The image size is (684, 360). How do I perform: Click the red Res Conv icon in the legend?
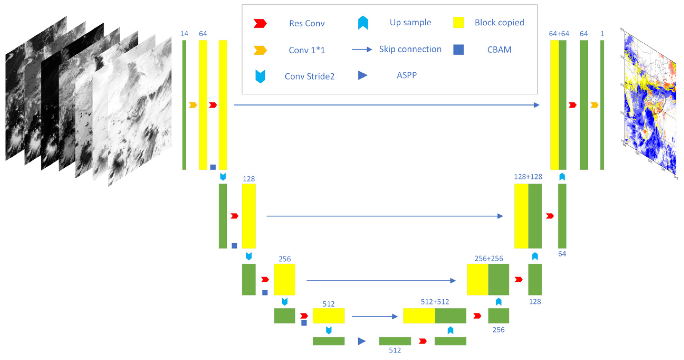[x=260, y=23]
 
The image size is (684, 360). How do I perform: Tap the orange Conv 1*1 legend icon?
[x=260, y=50]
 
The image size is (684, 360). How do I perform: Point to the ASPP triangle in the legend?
[x=362, y=75]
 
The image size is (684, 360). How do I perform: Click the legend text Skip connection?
[x=410, y=49]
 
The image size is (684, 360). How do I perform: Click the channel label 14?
[x=184, y=34]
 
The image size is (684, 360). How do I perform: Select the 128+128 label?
[x=528, y=177]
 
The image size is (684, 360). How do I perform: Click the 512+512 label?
[x=435, y=302]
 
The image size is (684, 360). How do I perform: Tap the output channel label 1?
[x=602, y=34]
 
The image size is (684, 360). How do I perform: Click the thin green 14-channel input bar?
[x=184, y=105]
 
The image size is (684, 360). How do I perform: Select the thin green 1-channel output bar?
[x=602, y=105]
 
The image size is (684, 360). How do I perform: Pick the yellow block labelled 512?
[x=329, y=316]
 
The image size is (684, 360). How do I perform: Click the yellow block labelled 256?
[x=285, y=279]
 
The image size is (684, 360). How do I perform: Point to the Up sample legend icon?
[x=363, y=23]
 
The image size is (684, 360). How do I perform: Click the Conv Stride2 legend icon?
[x=260, y=76]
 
